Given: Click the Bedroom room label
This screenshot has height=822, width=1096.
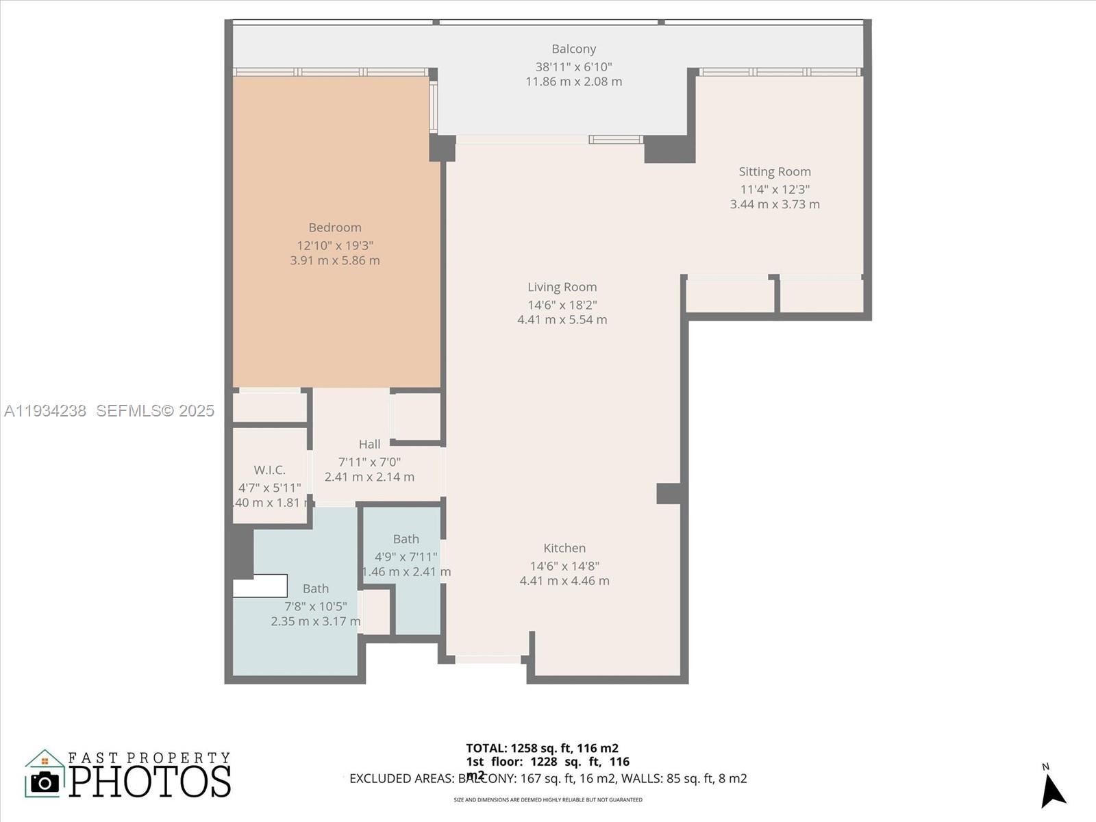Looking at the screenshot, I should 334,227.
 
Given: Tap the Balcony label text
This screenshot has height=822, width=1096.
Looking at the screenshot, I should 573,49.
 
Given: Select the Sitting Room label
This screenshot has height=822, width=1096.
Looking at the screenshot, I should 774,172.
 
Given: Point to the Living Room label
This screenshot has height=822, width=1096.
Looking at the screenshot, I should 562,287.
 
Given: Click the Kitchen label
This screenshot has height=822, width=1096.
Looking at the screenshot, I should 564,548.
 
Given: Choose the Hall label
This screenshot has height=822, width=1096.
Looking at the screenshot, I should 369,445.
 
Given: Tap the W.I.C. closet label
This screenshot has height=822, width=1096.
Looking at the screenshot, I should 269,470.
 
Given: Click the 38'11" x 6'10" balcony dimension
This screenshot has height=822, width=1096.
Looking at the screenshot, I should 573,66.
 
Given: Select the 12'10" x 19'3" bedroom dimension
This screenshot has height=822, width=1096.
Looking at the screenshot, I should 334,245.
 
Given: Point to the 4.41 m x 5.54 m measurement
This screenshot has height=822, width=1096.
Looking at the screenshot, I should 562,319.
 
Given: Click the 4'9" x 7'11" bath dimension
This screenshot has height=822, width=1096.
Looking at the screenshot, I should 406,557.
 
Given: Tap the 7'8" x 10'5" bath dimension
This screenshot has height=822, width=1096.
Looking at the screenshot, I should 316,606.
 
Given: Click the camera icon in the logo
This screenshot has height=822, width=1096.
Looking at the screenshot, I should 45,782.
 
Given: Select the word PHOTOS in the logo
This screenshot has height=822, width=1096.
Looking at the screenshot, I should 149,781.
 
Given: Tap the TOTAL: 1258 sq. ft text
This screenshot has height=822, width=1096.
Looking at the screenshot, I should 542,748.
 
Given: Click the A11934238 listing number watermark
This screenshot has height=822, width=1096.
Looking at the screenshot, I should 45,410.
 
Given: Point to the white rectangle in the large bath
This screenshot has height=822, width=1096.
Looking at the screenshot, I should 260,586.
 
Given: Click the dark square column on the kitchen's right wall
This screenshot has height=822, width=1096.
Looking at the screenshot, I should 669,493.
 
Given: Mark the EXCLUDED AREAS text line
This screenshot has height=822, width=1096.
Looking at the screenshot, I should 548,778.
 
